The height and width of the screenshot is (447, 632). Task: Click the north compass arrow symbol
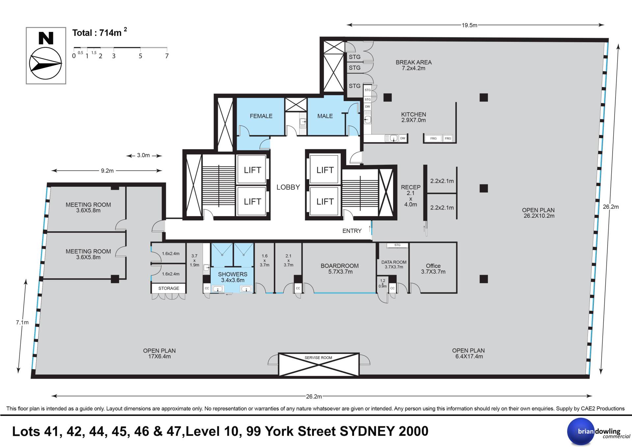(45, 64)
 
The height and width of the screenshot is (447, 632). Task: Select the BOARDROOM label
(340, 265)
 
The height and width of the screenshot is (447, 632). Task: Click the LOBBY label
(288, 187)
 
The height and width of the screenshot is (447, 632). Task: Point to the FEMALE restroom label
(261, 116)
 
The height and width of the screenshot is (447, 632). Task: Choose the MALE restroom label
(325, 116)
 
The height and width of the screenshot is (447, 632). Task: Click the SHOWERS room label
(232, 274)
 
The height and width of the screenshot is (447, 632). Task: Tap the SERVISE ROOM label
(318, 358)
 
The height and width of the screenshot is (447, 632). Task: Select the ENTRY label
(352, 231)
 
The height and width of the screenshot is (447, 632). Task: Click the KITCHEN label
(413, 114)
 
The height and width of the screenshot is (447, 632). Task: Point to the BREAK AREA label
(413, 62)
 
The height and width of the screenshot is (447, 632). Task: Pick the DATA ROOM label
(394, 262)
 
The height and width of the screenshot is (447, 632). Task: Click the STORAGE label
(169, 288)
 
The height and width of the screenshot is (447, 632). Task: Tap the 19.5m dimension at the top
(469, 25)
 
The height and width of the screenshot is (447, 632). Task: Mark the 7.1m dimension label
(22, 322)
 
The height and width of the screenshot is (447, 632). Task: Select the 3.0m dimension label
(144, 155)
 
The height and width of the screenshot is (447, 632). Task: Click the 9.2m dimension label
(107, 171)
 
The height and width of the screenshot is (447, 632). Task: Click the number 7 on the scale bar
(167, 56)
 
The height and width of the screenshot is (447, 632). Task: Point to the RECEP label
(410, 187)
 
